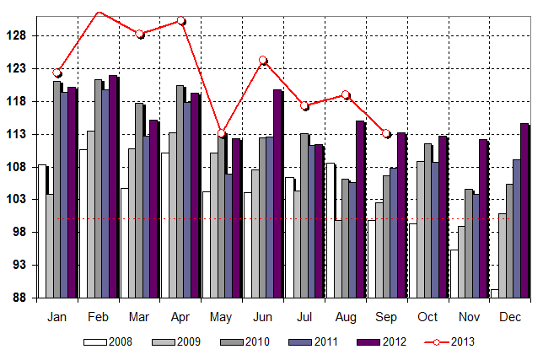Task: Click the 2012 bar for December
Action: pos(524,211)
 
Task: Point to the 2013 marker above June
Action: pos(263,60)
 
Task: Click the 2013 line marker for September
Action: pos(386,133)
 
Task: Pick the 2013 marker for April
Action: pos(181,21)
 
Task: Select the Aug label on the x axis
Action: pos(345,318)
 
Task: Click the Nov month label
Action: pos(469,318)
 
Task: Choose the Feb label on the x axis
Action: pos(99,318)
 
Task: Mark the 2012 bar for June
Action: pos(277,194)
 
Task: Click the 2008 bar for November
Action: pos(454,273)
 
